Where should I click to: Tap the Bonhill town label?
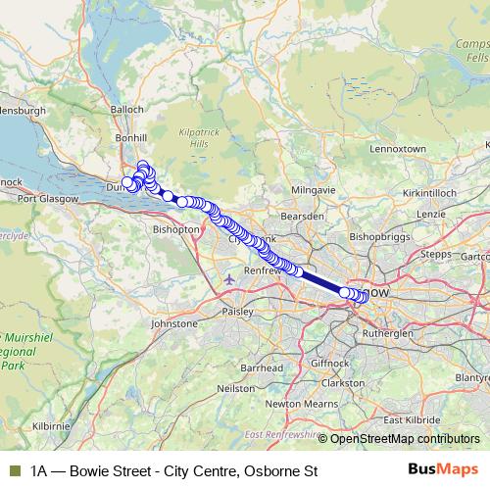130,138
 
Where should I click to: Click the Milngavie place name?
314,189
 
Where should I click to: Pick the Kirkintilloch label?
430,194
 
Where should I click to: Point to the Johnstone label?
172,322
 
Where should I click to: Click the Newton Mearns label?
297,403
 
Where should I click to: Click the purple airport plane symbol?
229,278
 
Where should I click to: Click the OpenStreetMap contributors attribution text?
405,438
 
